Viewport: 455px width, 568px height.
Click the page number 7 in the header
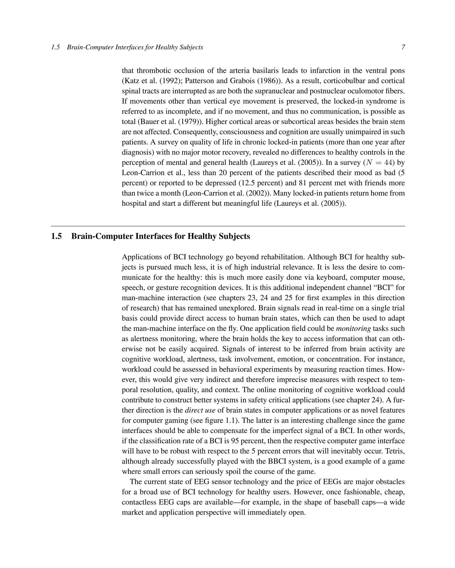403,47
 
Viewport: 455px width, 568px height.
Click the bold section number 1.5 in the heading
56,236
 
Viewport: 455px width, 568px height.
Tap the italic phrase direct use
200,410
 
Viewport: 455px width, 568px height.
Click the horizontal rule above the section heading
228,226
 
